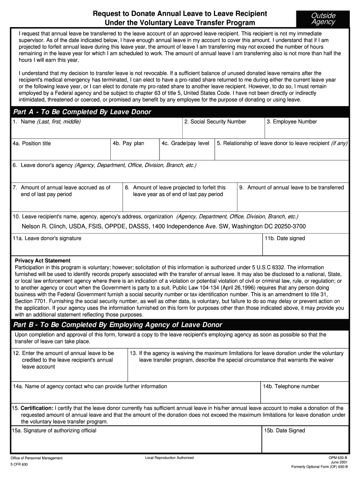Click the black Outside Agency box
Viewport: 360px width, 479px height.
click(324, 19)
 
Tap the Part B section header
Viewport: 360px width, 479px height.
click(118, 325)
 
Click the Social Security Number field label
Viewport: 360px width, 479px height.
click(215, 122)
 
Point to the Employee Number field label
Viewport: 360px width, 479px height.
click(292, 122)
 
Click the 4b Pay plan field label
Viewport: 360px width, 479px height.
click(128, 143)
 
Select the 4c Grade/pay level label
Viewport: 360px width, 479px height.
click(185, 143)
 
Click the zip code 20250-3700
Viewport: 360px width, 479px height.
click(288, 226)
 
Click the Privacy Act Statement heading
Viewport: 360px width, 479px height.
click(43, 261)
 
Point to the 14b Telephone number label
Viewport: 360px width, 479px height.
click(291, 386)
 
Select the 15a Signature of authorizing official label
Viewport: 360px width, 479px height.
click(54, 430)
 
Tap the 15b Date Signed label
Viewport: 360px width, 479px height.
click(284, 430)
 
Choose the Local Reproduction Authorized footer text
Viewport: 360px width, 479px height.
click(169, 457)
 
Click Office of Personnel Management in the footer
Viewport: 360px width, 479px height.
click(36, 458)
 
